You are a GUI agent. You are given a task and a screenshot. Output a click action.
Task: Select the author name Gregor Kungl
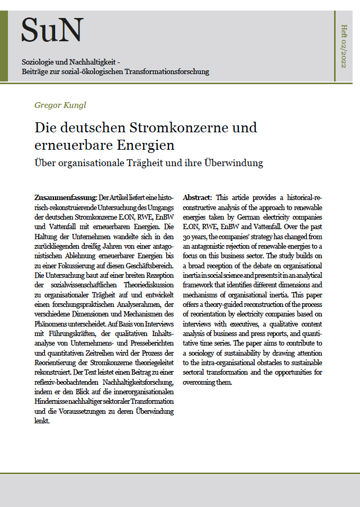pos(60,105)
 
